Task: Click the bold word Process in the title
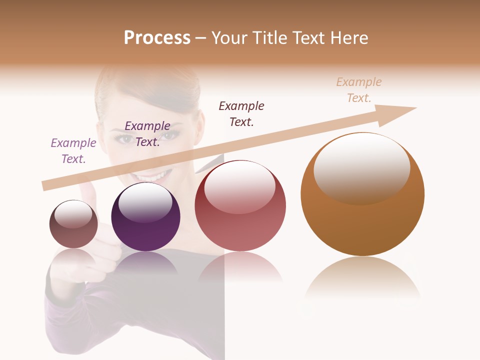coord(157,37)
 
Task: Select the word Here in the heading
coord(349,37)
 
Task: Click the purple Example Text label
coord(73,150)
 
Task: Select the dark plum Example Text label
coord(147,133)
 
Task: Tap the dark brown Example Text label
coord(241,113)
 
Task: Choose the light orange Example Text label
coord(359,89)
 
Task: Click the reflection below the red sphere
coord(240,267)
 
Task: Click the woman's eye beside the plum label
coord(170,135)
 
